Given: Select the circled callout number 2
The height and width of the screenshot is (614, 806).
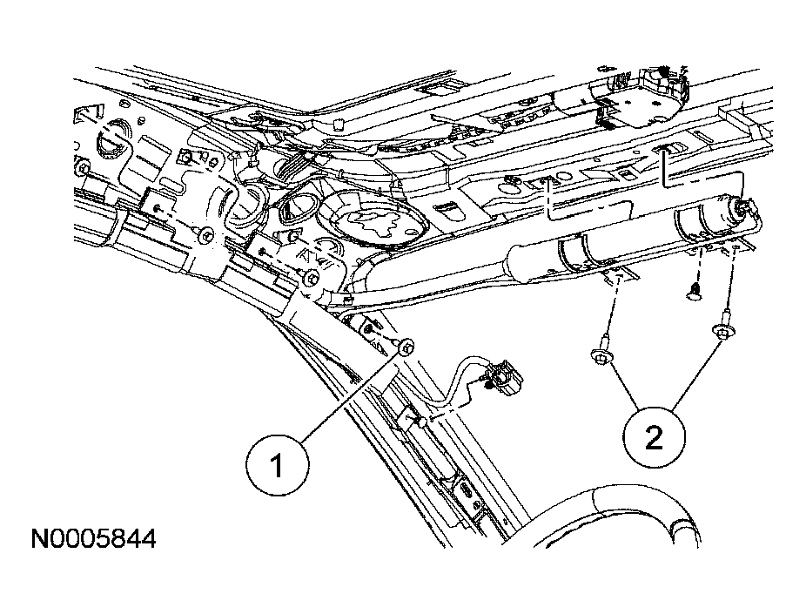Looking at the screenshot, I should pyautogui.click(x=654, y=436).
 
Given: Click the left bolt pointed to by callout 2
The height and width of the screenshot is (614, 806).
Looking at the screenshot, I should pyautogui.click(x=601, y=355).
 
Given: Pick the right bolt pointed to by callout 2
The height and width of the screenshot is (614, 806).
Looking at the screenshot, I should pyautogui.click(x=722, y=330).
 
